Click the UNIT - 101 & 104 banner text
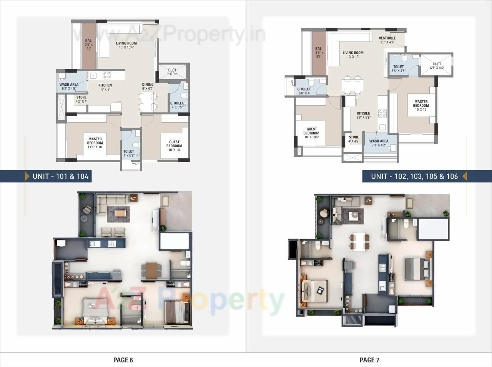tap(60, 176)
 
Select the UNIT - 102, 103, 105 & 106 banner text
tap(414, 176)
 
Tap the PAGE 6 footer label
tap(123, 360)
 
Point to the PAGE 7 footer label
tap(369, 360)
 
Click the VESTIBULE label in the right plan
tap(387, 40)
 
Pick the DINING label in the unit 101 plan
tap(148, 86)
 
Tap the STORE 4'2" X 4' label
tap(81, 100)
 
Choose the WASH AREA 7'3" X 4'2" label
tap(379, 143)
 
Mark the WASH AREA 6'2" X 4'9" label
tap(69, 86)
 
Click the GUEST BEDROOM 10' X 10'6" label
tap(311, 133)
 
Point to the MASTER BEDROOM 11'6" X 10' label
tap(95, 143)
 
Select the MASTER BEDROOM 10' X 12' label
tap(421, 106)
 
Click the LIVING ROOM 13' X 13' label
tap(353, 55)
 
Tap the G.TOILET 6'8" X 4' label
tap(304, 91)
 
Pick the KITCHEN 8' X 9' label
tap(105, 87)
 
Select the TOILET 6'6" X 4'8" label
tap(398, 69)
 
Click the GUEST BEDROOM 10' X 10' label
tap(174, 146)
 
